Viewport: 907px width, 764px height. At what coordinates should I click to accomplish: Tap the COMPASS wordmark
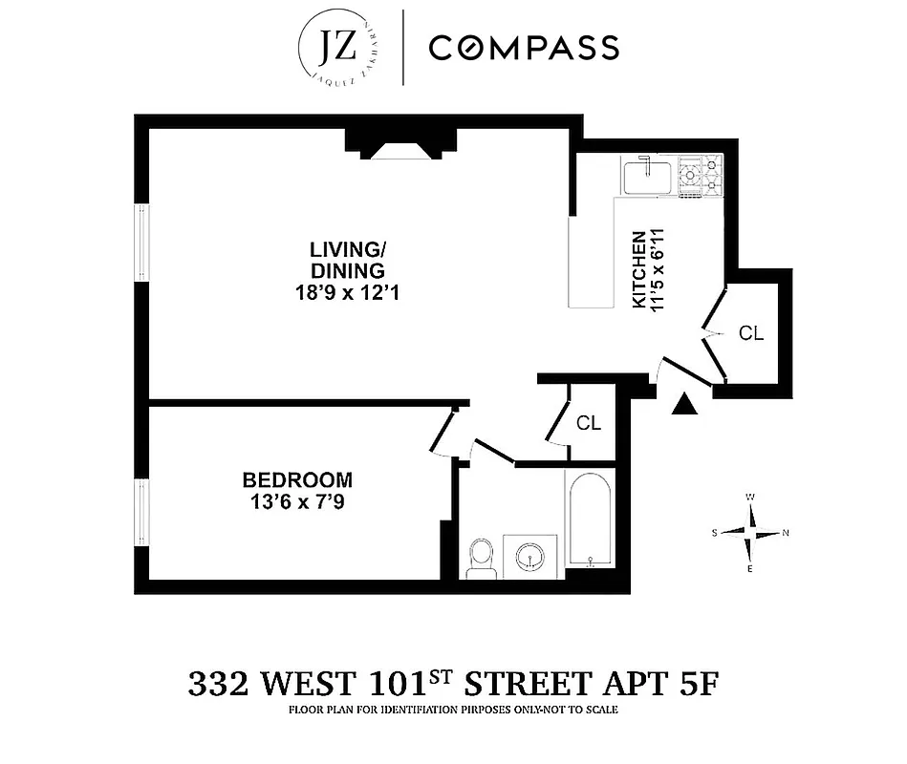pyautogui.click(x=523, y=48)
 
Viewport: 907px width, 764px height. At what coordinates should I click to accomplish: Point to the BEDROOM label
pyautogui.click(x=297, y=479)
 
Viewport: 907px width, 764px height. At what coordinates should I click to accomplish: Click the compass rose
pyautogui.click(x=751, y=533)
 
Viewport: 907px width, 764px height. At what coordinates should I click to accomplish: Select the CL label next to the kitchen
pyautogui.click(x=751, y=333)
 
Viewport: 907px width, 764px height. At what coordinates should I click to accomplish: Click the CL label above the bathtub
pyautogui.click(x=589, y=423)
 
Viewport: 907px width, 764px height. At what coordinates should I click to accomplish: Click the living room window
pyautogui.click(x=141, y=244)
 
